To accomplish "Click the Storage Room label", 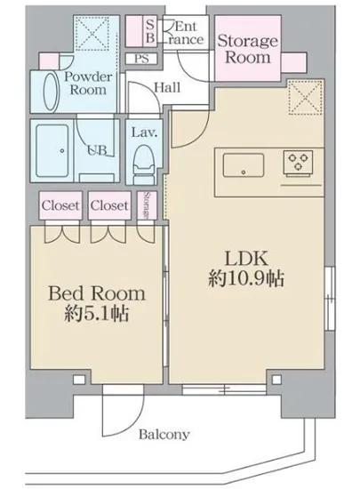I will (x=248, y=49).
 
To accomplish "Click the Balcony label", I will (x=164, y=435).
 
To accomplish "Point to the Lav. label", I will (x=144, y=133).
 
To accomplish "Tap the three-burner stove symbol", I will (x=297, y=162).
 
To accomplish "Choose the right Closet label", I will (x=108, y=204).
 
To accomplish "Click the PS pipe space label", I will (x=141, y=59).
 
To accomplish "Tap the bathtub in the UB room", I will (x=57, y=146).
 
